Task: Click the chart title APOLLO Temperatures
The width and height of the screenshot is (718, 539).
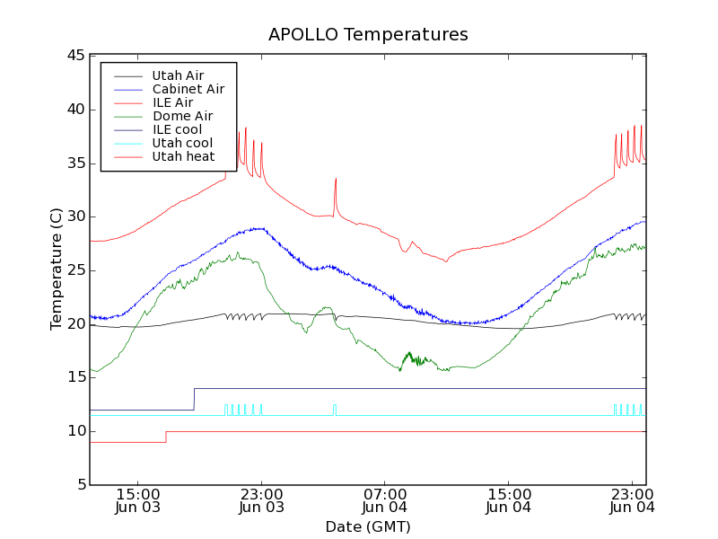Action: [368, 35]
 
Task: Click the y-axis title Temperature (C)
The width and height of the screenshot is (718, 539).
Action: [57, 269]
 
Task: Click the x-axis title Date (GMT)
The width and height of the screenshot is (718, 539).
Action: [368, 526]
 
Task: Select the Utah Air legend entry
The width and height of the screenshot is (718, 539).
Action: [177, 75]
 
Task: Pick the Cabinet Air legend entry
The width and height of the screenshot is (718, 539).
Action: [188, 89]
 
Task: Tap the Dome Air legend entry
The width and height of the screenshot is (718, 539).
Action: [182, 116]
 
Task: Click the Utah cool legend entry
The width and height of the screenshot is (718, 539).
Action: [182, 143]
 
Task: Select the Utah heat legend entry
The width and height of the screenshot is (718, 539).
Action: [183, 156]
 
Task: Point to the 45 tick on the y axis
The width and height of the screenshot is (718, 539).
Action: [74, 56]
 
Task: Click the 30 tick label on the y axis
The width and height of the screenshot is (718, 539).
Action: [74, 216]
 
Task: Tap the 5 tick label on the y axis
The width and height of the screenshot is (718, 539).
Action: [79, 485]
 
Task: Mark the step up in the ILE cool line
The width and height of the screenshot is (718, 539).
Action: [194, 399]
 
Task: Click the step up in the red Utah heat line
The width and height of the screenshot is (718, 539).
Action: [166, 437]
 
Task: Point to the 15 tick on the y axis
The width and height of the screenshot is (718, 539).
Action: [74, 377]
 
